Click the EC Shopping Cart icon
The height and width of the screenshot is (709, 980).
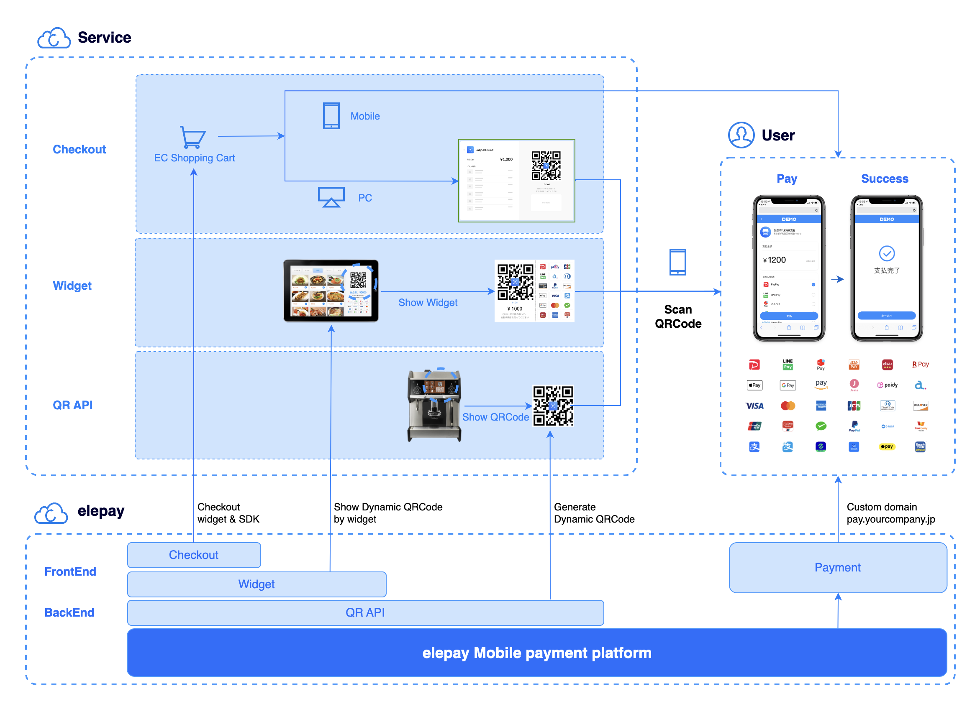[193, 137]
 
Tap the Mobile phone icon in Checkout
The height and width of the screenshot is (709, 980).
[331, 116]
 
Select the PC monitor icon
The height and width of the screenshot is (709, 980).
[331, 197]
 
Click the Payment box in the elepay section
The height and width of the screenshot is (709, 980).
[837, 567]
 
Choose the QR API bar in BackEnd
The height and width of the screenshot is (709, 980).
[365, 612]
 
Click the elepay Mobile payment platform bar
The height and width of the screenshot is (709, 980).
[537, 653]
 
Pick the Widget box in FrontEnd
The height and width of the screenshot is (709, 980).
[257, 584]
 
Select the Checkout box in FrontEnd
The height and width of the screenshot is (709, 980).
[194, 555]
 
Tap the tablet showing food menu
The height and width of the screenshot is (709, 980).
[331, 291]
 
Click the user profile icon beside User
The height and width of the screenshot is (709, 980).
[741, 135]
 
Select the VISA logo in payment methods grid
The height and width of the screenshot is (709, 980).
[754, 406]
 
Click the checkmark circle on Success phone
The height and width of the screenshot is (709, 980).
[887, 253]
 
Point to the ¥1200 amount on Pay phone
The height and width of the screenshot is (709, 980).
[775, 260]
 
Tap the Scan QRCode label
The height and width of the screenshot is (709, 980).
[678, 316]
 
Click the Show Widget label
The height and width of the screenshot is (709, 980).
[428, 303]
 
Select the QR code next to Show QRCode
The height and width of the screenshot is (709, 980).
[553, 406]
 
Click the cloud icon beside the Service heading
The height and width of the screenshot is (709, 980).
[54, 38]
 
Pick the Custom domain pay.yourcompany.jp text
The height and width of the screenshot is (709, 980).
[890, 513]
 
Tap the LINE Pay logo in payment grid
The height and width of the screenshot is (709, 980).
[788, 365]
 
